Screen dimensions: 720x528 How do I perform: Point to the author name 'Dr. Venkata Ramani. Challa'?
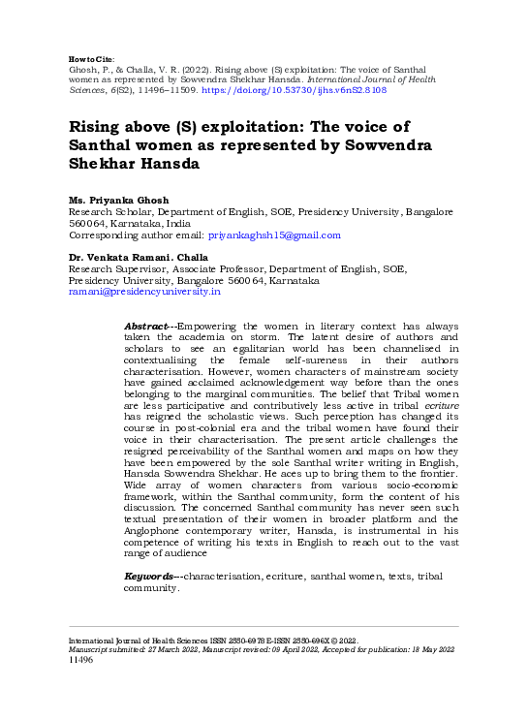click(139, 257)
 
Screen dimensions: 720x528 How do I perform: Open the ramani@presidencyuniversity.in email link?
click(144, 291)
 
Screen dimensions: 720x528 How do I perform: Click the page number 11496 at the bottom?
click(80, 660)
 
